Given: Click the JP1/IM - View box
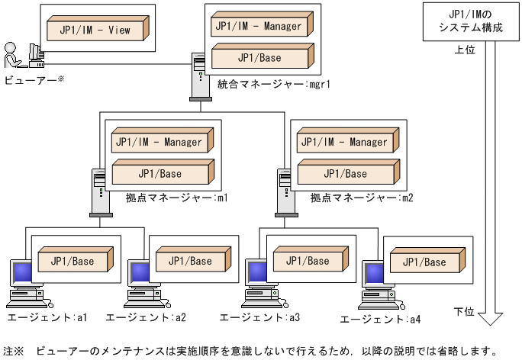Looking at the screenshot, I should click(x=96, y=31).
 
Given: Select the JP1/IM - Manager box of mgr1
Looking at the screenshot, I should click(x=258, y=27).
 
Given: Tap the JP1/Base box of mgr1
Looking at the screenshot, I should click(x=258, y=58).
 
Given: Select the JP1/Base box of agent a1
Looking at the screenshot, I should click(x=73, y=262).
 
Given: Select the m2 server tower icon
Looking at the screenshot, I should click(x=284, y=191).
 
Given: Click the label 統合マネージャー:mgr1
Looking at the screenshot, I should click(x=273, y=84).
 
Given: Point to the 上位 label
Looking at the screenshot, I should click(x=464, y=50).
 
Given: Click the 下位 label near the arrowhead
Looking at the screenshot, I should click(x=464, y=311).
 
